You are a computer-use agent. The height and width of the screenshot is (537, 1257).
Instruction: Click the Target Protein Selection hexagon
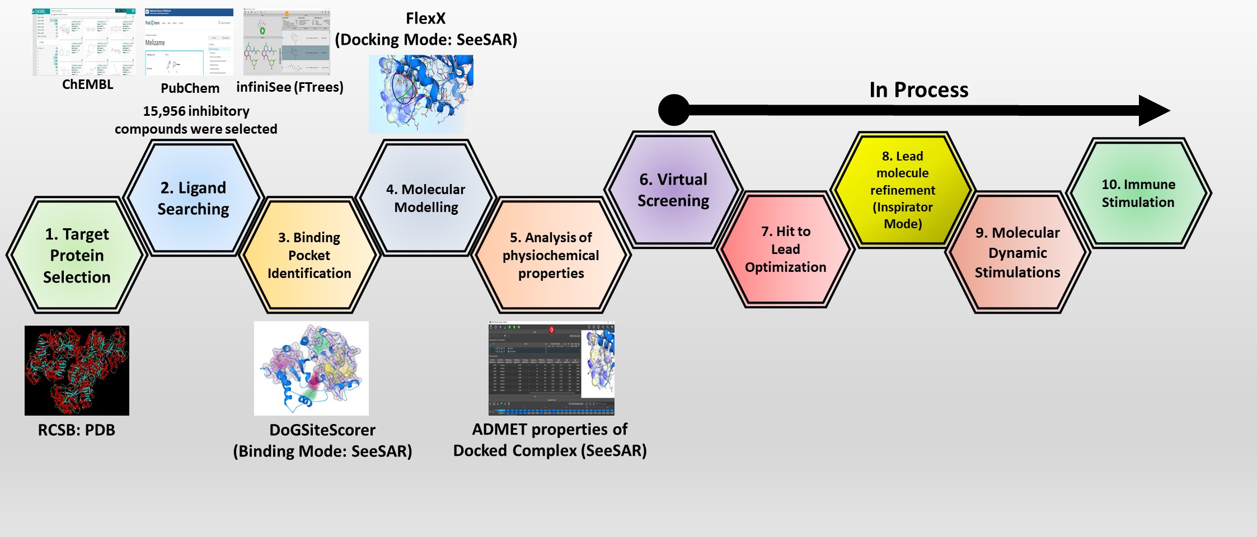pyautogui.click(x=77, y=255)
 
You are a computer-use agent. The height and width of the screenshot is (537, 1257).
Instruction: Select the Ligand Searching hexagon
pyautogui.click(x=193, y=198)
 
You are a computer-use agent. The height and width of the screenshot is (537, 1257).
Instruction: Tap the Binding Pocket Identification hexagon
pyautogui.click(x=309, y=255)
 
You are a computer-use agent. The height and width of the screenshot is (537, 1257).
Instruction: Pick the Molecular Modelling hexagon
pyautogui.click(x=426, y=198)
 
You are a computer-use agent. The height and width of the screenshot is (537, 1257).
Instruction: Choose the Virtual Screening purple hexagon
pyautogui.click(x=673, y=190)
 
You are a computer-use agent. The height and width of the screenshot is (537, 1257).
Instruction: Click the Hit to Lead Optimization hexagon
pyautogui.click(x=786, y=249)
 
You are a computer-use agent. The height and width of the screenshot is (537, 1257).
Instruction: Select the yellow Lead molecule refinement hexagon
pyautogui.click(x=903, y=190)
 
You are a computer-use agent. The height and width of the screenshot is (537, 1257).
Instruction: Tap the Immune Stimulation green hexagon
pyautogui.click(x=1138, y=193)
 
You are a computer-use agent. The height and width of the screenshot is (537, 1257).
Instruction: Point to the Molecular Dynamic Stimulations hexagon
pyautogui.click(x=1017, y=252)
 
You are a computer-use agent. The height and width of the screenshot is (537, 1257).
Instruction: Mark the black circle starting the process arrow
pyautogui.click(x=674, y=110)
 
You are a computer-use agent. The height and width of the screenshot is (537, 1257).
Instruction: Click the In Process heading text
pyautogui.click(x=918, y=89)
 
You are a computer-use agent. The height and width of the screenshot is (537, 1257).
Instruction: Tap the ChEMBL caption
pyautogui.click(x=87, y=84)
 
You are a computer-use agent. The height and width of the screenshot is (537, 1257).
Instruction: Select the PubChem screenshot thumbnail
pyautogui.click(x=189, y=43)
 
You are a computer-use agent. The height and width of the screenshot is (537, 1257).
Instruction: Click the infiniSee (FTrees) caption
pyautogui.click(x=290, y=87)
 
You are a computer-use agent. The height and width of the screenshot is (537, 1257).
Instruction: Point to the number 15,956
pyautogui.click(x=164, y=111)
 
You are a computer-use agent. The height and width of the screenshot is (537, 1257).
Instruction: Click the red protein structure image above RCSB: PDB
pyautogui.click(x=77, y=370)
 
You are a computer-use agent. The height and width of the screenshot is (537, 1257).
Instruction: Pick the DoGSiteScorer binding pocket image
pyautogui.click(x=311, y=368)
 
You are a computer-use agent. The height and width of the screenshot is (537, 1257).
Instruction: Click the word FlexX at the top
pyautogui.click(x=425, y=18)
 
